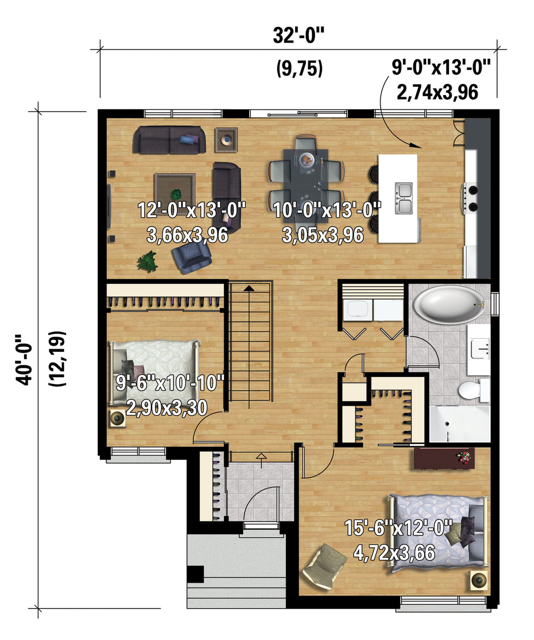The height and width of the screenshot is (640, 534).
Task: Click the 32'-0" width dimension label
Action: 298,36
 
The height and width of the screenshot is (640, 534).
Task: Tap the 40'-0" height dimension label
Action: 23,360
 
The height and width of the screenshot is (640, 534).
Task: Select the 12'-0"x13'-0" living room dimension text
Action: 192,210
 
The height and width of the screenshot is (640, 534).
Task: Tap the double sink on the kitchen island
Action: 403,198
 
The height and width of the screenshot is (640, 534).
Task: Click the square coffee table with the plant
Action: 175,190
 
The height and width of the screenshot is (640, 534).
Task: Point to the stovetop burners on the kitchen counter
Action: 471,198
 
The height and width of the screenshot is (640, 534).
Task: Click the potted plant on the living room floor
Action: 147,261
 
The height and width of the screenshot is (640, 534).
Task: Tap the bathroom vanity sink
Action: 480,348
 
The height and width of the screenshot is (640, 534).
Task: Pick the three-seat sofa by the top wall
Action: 169,140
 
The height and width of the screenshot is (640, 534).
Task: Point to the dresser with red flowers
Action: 444,458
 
